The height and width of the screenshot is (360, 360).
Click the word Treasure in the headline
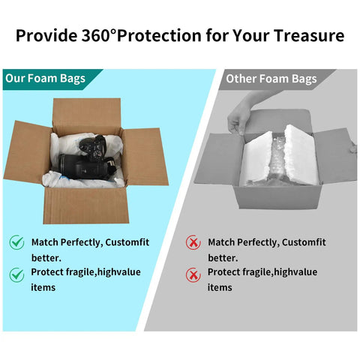(x=309, y=35)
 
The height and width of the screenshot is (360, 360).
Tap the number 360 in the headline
(x=96, y=35)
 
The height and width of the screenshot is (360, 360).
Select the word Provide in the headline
(x=46, y=35)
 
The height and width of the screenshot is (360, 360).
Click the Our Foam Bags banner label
(x=45, y=79)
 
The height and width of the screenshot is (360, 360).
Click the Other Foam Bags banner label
(x=271, y=79)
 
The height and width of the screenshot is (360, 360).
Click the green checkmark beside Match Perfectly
(x=16, y=242)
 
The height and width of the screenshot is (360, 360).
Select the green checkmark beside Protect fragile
(x=16, y=274)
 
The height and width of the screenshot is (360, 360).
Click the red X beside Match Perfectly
(x=193, y=242)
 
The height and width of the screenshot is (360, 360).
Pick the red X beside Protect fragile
(x=193, y=274)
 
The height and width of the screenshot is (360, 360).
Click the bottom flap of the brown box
(x=86, y=205)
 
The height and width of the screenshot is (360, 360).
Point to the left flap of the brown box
(x=28, y=152)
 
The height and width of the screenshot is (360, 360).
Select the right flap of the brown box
(x=145, y=157)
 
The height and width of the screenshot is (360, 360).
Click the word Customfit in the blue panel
(x=127, y=242)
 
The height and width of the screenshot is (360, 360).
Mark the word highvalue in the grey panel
(x=295, y=272)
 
